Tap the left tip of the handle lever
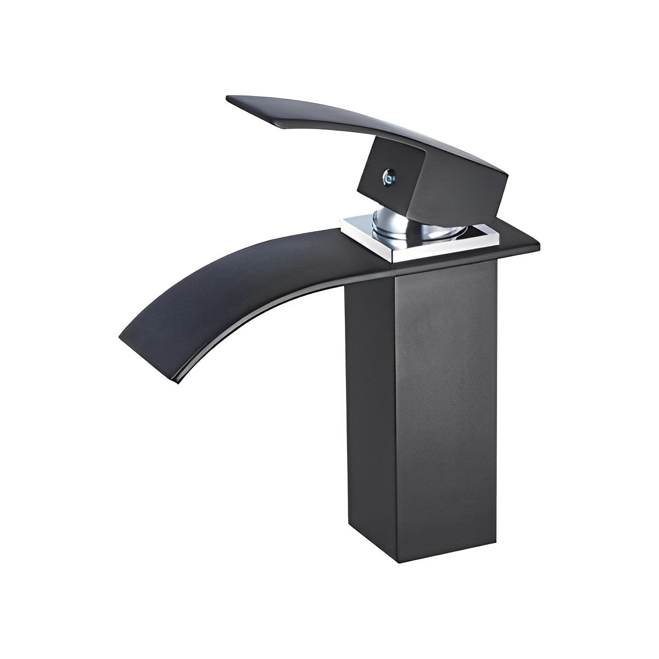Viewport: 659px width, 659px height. pos(230,99)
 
